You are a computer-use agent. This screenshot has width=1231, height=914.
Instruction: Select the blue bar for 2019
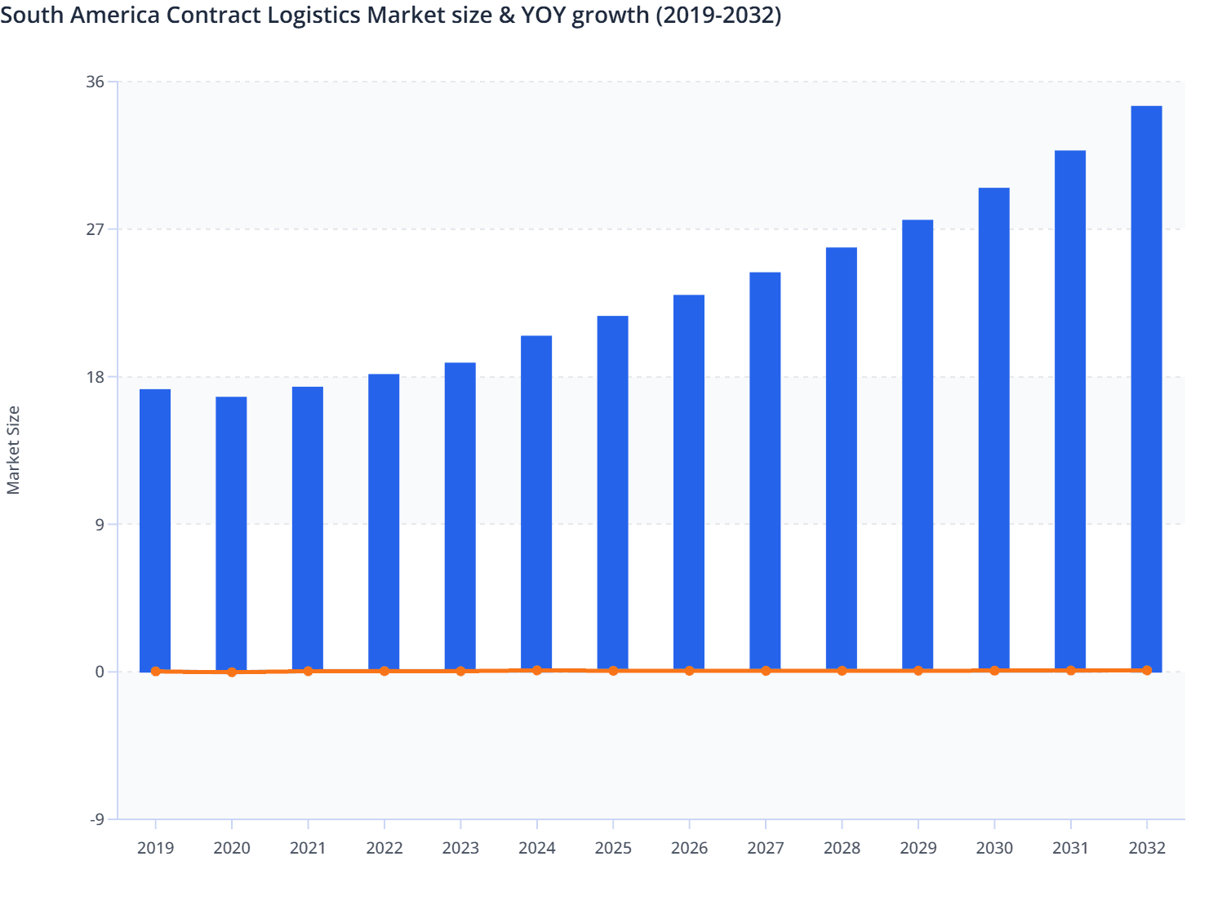[x=155, y=530]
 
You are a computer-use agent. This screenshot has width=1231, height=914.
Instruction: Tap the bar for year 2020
[x=231, y=534]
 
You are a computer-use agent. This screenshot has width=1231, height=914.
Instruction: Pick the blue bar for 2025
[x=612, y=493]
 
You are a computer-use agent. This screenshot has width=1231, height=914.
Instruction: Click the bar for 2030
[x=993, y=429]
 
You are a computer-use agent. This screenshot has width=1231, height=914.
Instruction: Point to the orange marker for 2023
[x=460, y=671]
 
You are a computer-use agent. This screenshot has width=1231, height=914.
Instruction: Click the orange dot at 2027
[x=766, y=671]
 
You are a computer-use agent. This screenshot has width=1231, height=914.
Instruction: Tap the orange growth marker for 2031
[x=1070, y=670]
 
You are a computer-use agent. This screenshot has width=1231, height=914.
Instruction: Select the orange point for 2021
[x=308, y=671]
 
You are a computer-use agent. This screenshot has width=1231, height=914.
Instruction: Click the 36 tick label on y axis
[x=95, y=82]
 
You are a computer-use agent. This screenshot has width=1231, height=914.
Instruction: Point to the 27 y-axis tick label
[x=95, y=229]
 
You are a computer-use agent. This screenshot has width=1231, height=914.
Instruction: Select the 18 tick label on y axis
[x=95, y=377]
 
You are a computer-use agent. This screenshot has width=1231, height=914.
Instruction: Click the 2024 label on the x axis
[x=536, y=848]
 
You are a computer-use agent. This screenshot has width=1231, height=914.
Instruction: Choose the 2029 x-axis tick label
[x=918, y=848]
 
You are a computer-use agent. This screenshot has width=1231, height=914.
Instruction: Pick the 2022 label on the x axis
[x=384, y=848]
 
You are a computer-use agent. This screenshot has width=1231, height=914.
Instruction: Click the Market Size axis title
[x=13, y=450]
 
